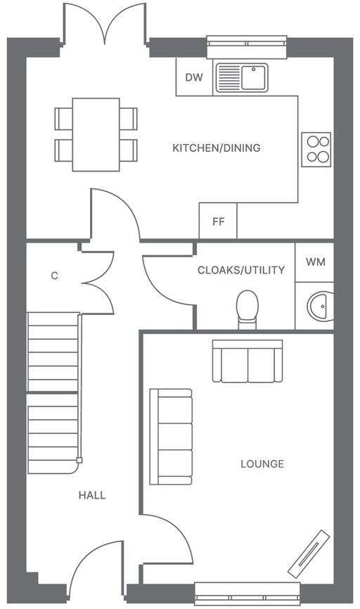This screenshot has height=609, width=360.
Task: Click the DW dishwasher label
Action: [193, 77]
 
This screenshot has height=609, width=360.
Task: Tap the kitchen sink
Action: [241, 77]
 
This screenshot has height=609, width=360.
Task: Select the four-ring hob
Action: [316, 149]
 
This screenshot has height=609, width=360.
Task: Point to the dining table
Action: [96, 134]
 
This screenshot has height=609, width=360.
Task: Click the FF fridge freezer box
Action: [218, 222]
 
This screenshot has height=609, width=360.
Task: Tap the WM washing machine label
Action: [316, 262]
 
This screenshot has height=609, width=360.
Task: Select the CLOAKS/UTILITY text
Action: [241, 270]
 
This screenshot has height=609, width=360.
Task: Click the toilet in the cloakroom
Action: [247, 309]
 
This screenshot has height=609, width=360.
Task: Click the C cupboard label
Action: [54, 276]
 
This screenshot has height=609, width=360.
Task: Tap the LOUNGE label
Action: [262, 464]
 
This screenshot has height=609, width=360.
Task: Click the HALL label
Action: [92, 495]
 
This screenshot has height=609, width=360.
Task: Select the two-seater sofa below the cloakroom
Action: [247, 361]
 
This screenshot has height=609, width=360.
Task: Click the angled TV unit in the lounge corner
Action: [308, 553]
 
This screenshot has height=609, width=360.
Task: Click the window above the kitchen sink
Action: [247, 46]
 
